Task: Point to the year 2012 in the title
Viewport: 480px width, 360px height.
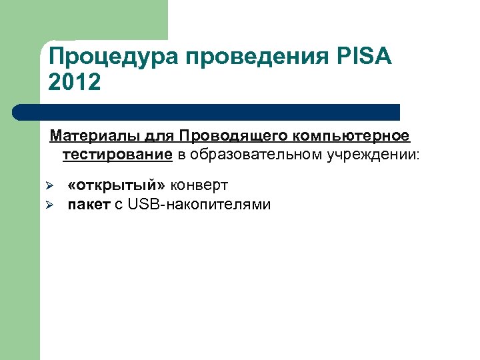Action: coord(75,83)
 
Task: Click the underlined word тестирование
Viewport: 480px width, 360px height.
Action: coord(117,155)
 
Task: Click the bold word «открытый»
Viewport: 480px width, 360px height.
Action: coord(117,185)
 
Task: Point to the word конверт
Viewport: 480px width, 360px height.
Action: coord(199,185)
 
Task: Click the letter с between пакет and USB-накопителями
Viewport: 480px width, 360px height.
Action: coord(118,205)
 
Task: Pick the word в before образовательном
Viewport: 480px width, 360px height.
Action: coord(181,155)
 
